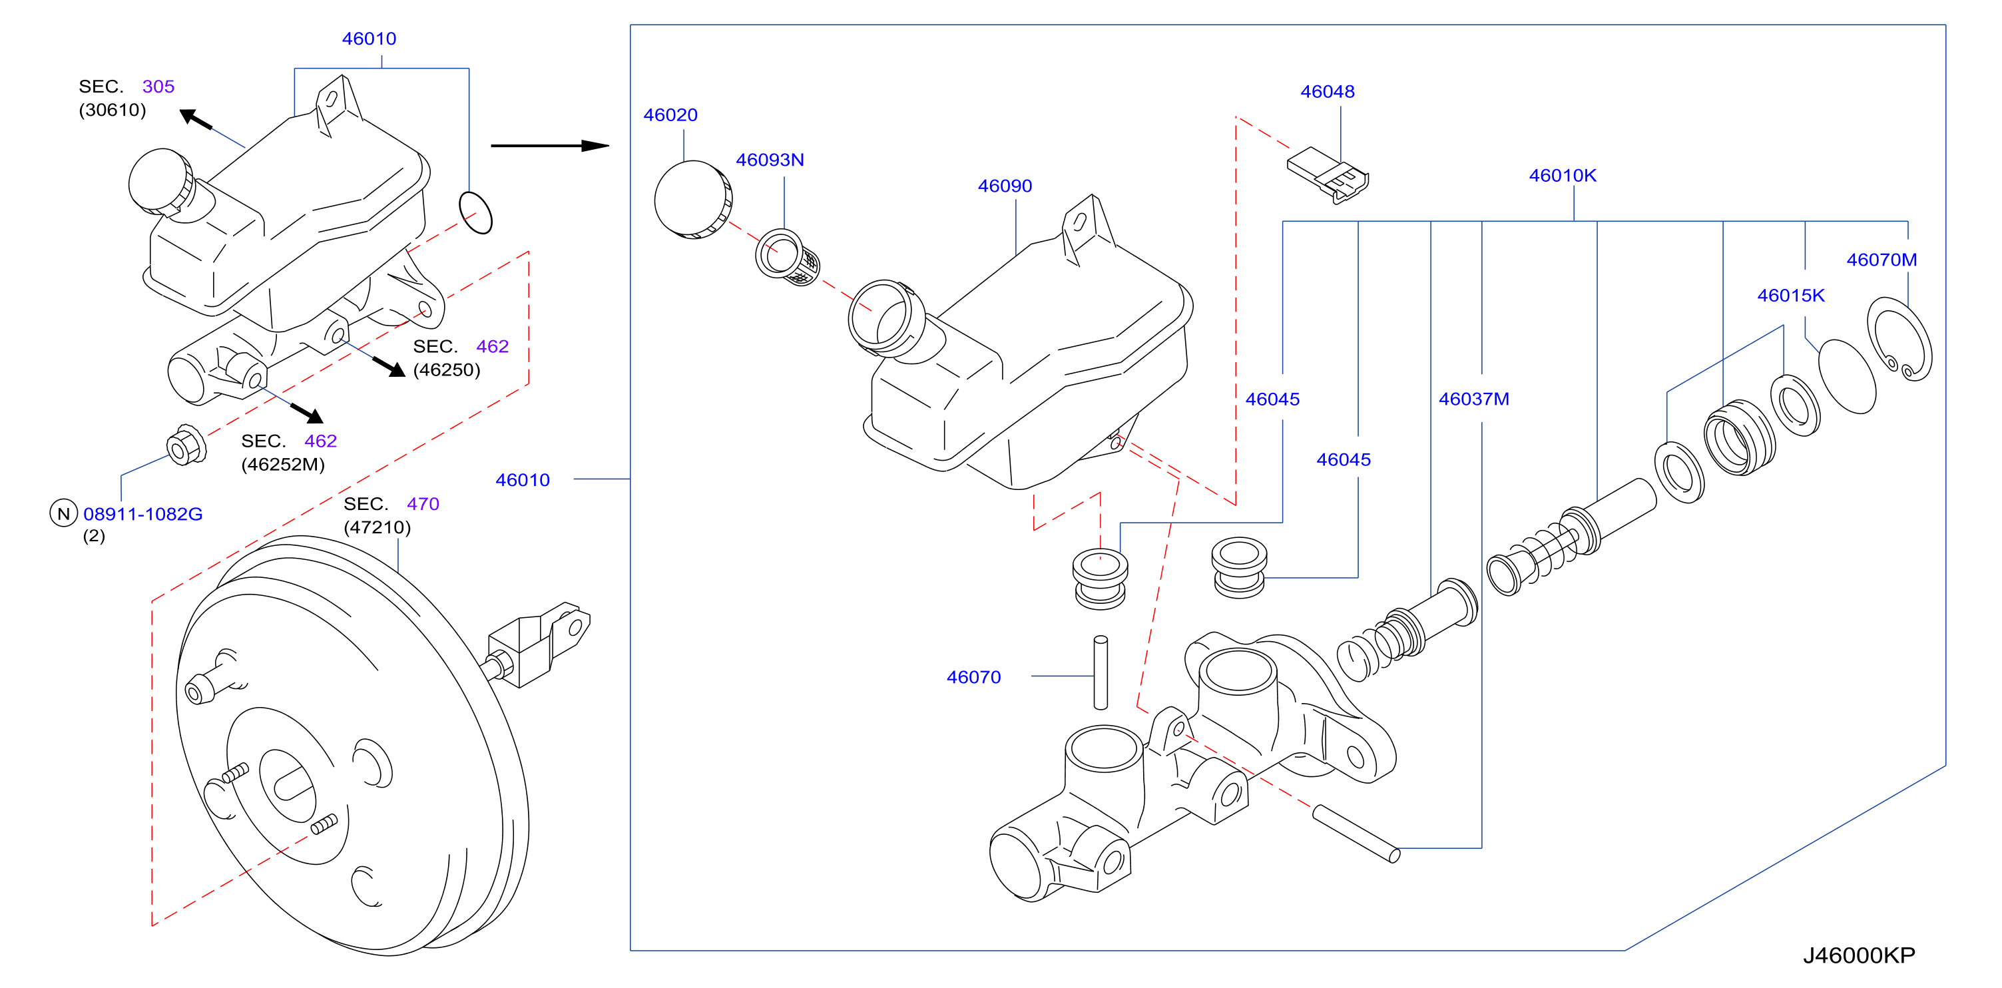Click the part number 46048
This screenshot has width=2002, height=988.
click(x=1327, y=92)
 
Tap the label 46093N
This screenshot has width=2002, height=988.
click(x=770, y=160)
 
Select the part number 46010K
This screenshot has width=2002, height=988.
click(x=1562, y=176)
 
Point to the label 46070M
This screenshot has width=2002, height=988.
click(x=1881, y=260)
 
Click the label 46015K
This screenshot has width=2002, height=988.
click(x=1790, y=296)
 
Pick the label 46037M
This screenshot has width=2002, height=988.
click(x=1473, y=399)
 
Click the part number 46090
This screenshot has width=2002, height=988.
click(x=1004, y=186)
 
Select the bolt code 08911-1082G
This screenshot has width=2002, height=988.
click(x=143, y=514)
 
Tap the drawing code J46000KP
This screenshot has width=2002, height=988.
click(x=1859, y=955)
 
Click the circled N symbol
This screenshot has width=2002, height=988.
click(x=64, y=513)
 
